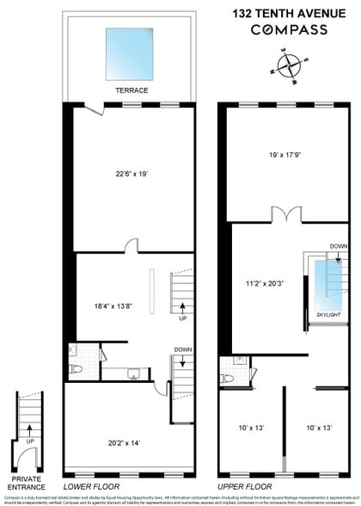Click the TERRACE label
click(132, 89)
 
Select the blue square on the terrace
click(132, 53)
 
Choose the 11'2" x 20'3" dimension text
click(263, 282)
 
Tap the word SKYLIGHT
click(327, 316)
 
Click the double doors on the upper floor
click(281, 214)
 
